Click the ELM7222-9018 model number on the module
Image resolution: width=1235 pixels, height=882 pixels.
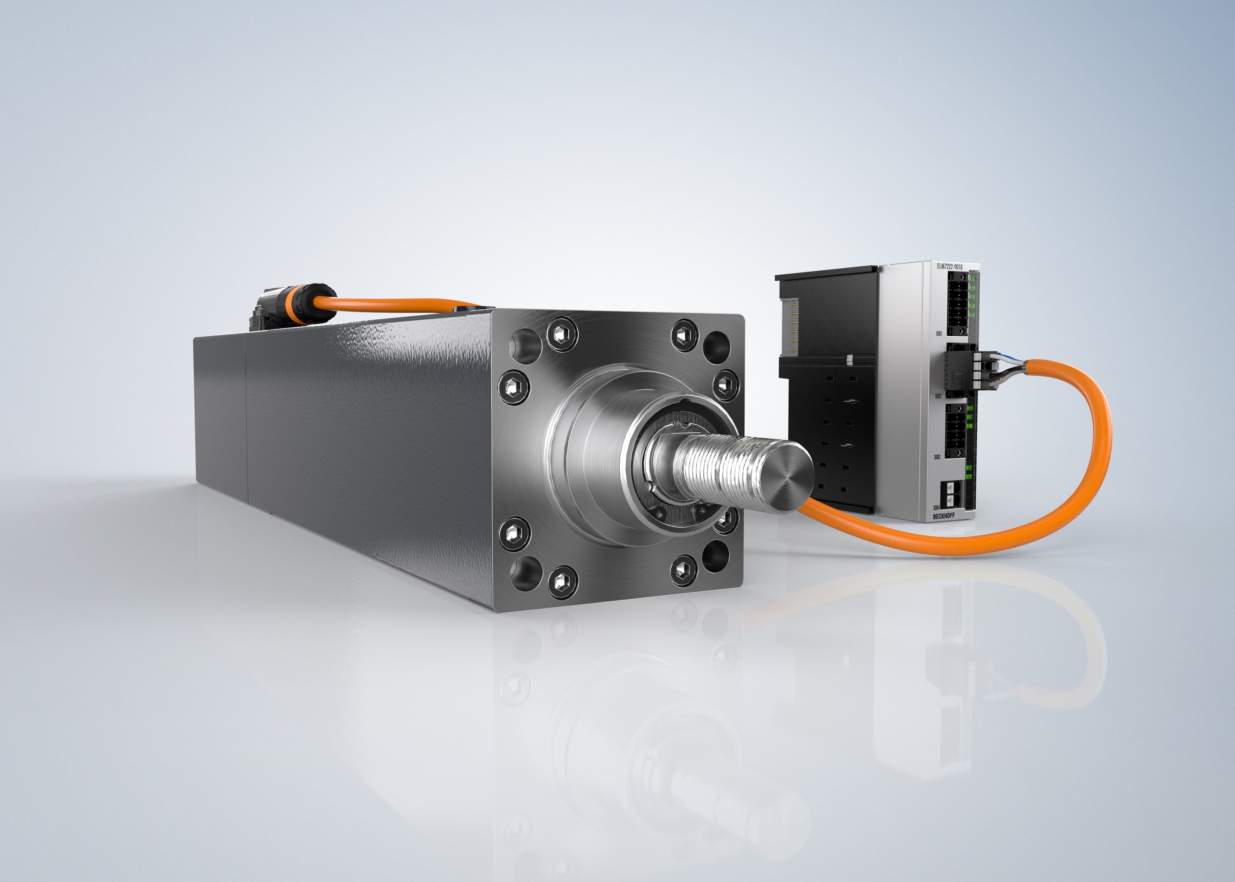point(950,267)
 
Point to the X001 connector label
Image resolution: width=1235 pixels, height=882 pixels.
point(940,334)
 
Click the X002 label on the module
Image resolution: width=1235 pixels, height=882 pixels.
point(938,397)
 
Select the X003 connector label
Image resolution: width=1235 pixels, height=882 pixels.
point(938,457)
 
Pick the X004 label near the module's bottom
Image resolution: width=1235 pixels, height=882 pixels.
point(937,507)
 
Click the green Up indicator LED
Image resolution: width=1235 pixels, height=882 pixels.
point(969,476)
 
